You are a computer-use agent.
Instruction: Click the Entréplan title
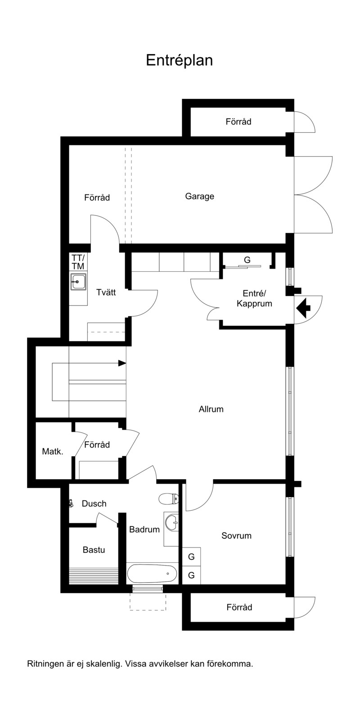(x=179, y=60)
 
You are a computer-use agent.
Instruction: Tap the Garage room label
(x=199, y=196)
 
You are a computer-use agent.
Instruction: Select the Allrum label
(x=211, y=409)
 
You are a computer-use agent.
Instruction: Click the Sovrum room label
(x=236, y=536)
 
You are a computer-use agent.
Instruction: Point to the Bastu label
(x=94, y=550)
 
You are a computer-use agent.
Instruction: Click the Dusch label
(x=94, y=503)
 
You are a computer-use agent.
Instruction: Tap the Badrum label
(x=144, y=530)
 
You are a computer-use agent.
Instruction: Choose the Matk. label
(x=53, y=451)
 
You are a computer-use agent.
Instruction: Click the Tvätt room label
(x=106, y=292)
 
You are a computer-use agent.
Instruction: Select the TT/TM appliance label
(x=78, y=262)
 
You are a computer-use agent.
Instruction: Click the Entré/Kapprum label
(x=254, y=299)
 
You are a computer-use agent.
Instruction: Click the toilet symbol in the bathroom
(x=169, y=498)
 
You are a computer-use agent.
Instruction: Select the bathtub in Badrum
(x=152, y=573)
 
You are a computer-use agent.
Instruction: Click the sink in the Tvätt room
(x=78, y=282)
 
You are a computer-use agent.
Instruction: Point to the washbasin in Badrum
(x=171, y=522)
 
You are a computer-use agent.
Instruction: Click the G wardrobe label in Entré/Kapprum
(x=247, y=260)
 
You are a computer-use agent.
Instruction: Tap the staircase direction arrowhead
(x=122, y=363)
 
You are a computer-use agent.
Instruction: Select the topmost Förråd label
(x=238, y=121)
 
